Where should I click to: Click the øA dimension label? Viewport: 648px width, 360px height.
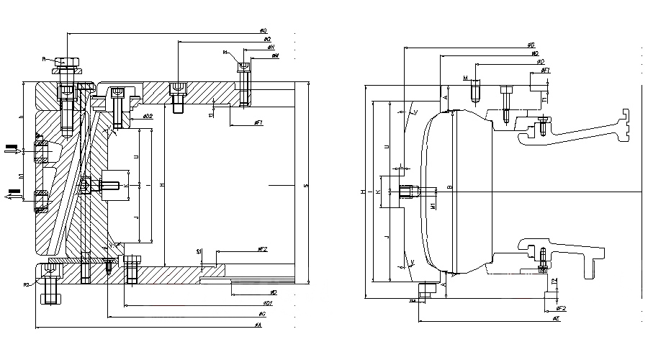point(258,325)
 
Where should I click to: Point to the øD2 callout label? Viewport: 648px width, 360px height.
point(148,116)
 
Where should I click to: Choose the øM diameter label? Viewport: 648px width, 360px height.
point(275,55)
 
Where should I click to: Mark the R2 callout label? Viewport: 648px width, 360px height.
point(27,285)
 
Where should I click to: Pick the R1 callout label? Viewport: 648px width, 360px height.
point(225,53)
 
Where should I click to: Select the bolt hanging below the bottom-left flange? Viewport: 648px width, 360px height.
point(50,296)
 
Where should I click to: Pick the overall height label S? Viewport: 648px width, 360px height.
point(306,187)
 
